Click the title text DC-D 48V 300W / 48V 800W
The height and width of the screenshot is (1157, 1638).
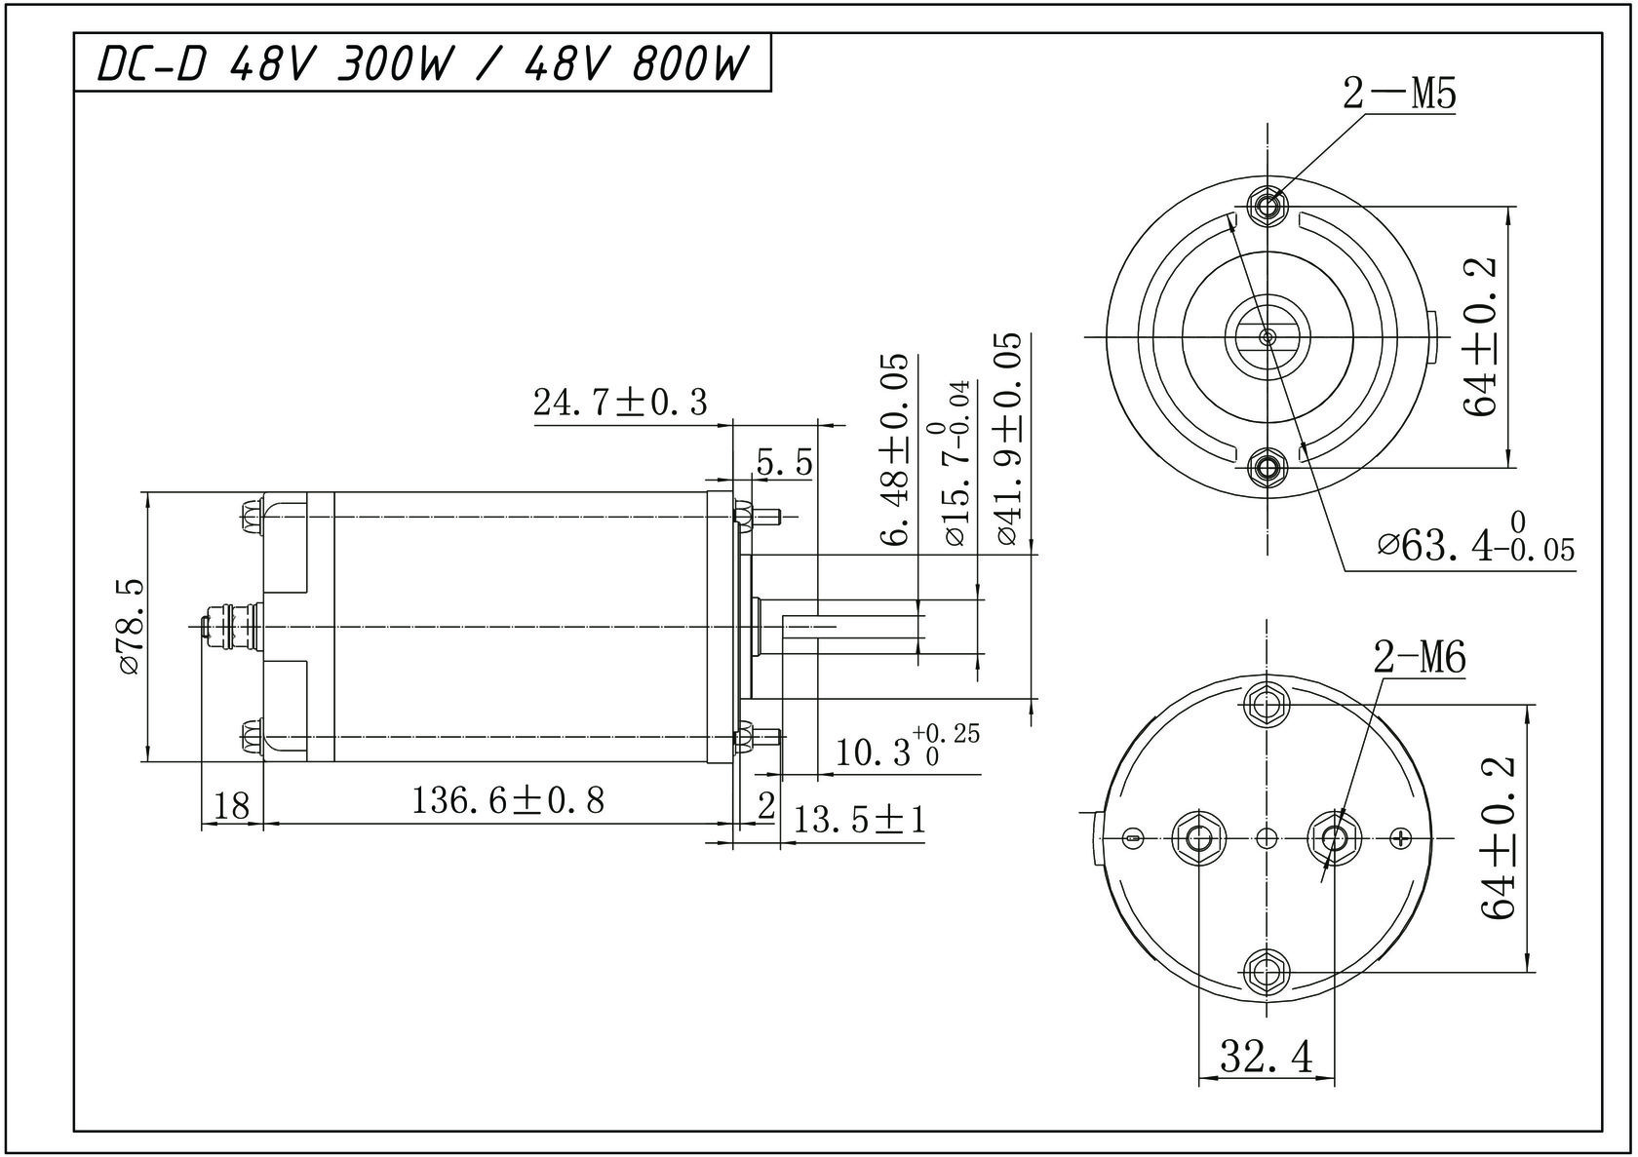pos(423,63)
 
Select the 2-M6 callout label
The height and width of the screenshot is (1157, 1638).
pos(1420,657)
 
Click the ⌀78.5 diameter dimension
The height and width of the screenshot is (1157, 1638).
pos(131,627)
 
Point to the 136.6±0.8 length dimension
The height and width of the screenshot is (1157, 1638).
pos(509,800)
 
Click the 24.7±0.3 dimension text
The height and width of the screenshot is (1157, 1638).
pos(620,402)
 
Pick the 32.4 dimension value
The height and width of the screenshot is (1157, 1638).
pos(1266,1057)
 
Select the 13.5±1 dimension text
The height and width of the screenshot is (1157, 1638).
pos(859,820)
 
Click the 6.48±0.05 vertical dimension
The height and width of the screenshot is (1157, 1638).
pos(893,449)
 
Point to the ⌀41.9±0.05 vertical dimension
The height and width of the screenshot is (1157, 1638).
pos(1007,440)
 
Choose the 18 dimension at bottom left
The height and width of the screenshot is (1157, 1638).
pos(232,805)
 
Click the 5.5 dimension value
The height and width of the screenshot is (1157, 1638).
pos(784,463)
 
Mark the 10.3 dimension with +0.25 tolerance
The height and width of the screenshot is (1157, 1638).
pos(906,747)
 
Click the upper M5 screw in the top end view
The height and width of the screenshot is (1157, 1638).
pos(1267,206)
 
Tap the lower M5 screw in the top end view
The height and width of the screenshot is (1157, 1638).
pos(1267,466)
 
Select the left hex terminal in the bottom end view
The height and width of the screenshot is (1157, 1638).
pos(1197,837)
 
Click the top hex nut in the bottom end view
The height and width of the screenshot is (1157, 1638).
pos(1267,705)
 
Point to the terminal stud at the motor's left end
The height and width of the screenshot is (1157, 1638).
pos(230,626)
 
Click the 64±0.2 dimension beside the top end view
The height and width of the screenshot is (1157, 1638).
pos(1478,337)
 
